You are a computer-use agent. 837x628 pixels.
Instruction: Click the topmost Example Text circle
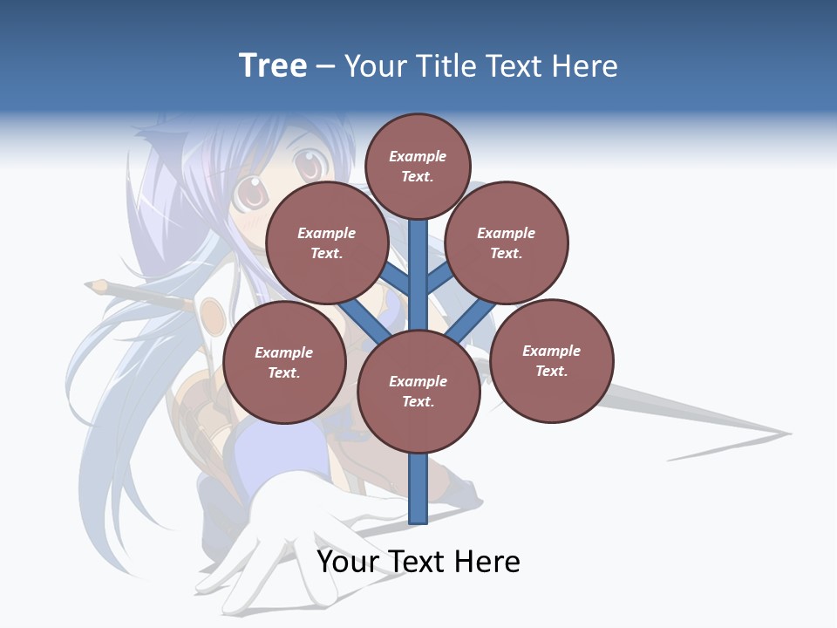click(x=418, y=166)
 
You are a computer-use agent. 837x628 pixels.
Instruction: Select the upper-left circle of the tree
click(x=327, y=243)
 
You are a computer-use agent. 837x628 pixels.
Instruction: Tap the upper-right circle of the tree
click(x=506, y=243)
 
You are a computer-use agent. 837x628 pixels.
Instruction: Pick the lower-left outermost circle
click(x=284, y=363)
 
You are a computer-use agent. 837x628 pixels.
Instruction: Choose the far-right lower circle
click(x=551, y=360)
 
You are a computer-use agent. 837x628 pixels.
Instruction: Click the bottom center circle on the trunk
click(x=418, y=392)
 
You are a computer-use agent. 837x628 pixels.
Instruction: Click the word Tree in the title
click(x=273, y=65)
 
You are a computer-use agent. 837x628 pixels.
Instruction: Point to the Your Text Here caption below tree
click(x=418, y=561)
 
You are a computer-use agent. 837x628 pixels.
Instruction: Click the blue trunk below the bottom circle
click(x=418, y=488)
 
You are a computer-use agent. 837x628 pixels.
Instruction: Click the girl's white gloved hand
click(x=262, y=558)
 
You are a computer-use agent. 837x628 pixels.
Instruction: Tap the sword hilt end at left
click(x=96, y=285)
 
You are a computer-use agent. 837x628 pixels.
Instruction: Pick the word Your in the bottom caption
click(x=348, y=561)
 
